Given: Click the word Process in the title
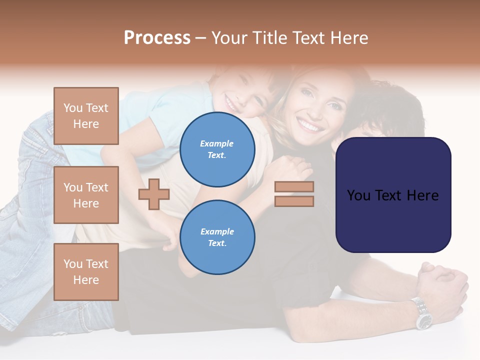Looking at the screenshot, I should tap(157, 38).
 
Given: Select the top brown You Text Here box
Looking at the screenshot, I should tap(86, 116).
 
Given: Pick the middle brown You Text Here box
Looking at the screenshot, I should tap(86, 195).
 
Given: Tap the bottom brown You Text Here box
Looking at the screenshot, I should tap(86, 271).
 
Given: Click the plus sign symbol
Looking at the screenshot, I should tap(154, 194).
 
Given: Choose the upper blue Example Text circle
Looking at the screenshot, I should tap(217, 149).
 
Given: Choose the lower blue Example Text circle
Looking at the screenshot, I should tap(217, 237).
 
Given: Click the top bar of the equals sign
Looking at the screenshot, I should tap(294, 187).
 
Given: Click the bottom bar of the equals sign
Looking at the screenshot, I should tap(294, 201).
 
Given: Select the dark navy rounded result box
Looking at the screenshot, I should tap(393, 195).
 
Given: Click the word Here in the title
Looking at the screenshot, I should tap(348, 38).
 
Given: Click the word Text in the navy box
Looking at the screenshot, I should tap(393, 195).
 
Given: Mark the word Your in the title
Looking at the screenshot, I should tap(229, 38).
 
